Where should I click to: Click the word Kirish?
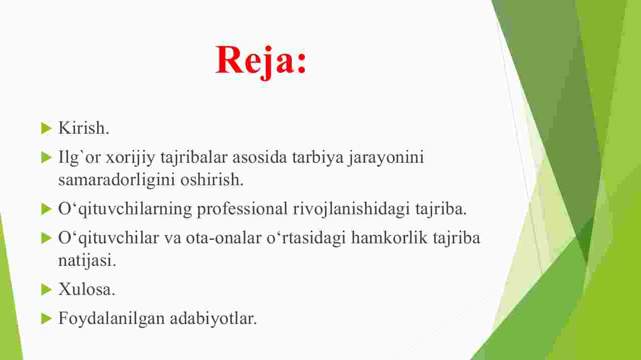84,128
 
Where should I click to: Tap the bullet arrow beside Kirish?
47,128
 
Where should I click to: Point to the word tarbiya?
318,158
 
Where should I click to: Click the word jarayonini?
386,158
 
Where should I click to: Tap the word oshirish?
212,180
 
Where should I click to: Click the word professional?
242,209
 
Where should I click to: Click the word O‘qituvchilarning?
125,209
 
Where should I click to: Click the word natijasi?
87,261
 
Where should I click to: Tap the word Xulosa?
87,289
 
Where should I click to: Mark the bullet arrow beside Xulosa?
47,289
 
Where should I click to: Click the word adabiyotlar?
213,318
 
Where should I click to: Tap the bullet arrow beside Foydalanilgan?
47,318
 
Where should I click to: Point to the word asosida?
259,157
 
